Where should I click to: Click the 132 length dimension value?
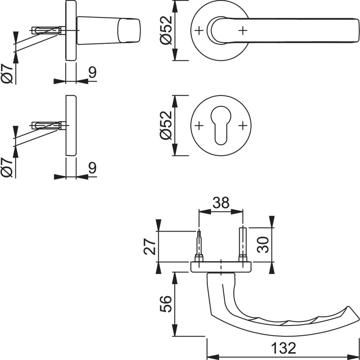(x=284, y=348)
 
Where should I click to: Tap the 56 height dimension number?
(x=166, y=304)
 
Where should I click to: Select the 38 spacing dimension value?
(x=221, y=202)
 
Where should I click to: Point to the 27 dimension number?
(x=150, y=247)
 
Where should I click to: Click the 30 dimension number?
(x=263, y=245)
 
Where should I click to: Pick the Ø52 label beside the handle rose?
(x=166, y=30)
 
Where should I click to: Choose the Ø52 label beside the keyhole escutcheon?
(x=166, y=125)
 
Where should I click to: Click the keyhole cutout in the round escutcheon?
(x=221, y=125)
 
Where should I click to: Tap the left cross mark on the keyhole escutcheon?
(x=199, y=126)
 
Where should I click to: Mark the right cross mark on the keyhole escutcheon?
(x=243, y=126)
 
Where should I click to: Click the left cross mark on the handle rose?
(x=199, y=30)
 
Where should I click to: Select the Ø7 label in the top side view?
(x=6, y=73)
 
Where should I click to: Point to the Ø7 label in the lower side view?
(x=6, y=168)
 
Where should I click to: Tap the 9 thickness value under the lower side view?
(x=93, y=168)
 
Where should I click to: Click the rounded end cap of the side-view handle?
(x=129, y=31)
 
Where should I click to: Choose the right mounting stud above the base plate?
(x=243, y=244)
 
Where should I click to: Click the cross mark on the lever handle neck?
(x=243, y=30)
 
